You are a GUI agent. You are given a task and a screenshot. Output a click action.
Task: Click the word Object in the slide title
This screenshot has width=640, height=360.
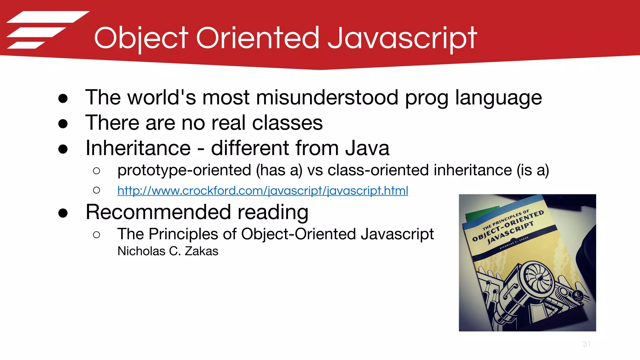tap(141, 38)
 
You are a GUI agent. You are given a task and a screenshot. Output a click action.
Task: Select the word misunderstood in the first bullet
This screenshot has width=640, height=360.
tap(327, 97)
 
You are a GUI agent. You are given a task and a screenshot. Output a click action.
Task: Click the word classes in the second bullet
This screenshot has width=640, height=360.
tap(287, 122)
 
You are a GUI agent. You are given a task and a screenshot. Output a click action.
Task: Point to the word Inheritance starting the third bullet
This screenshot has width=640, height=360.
tap(138, 148)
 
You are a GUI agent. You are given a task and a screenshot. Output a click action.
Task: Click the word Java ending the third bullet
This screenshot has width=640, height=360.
tap(367, 148)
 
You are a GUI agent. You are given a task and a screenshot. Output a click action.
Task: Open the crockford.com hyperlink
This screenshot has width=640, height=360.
tap(262, 190)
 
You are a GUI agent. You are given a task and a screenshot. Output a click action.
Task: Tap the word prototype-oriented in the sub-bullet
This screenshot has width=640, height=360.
tap(184, 170)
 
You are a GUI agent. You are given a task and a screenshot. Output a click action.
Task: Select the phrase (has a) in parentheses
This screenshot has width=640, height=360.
tap(279, 170)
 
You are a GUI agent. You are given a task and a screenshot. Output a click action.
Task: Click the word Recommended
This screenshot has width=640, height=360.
tap(158, 212)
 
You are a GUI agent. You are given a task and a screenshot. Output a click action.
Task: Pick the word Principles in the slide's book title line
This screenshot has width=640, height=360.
tap(183, 234)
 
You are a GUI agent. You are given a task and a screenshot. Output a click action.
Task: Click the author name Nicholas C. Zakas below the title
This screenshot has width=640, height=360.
tap(168, 251)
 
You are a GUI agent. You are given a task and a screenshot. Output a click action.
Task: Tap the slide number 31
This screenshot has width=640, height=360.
tap(587, 344)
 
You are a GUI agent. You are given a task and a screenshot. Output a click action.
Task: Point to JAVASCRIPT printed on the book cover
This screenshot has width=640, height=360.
tap(510, 232)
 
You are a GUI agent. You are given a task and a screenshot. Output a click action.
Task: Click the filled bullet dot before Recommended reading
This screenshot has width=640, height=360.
tap(63, 213)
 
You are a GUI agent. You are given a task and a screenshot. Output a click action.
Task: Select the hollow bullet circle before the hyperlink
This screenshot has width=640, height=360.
tap(97, 190)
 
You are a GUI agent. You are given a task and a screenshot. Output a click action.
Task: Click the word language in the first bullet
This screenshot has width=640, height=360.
tap(498, 97)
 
